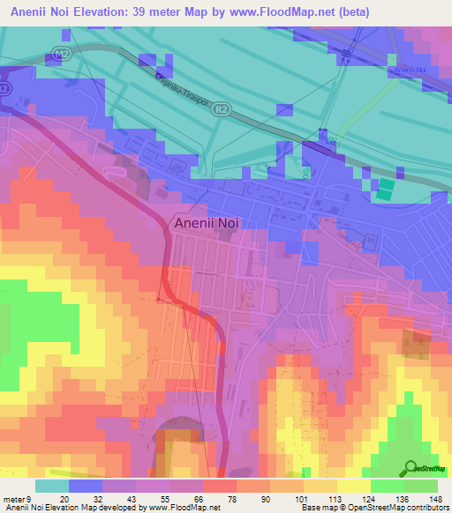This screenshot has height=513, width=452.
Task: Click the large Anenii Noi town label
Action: [x=207, y=223]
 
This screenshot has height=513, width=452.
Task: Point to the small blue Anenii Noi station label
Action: [x=411, y=69]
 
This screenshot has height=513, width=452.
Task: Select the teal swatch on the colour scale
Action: [x=51, y=486]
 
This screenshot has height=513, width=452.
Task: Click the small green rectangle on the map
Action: [x=387, y=188]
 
